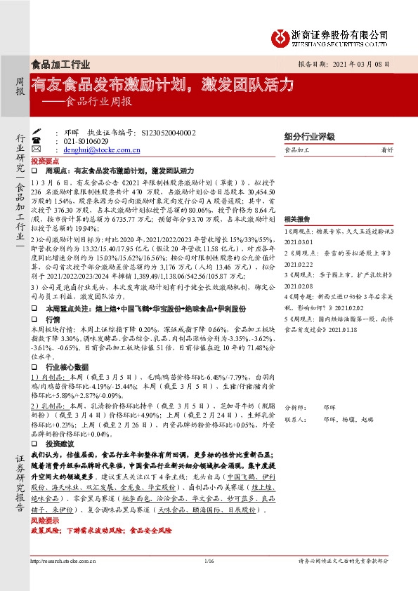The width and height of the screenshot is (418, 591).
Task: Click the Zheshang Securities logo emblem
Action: [x=280, y=36]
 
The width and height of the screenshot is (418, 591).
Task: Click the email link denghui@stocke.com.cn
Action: [x=98, y=150]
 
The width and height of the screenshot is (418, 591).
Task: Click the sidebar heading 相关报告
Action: [x=298, y=220]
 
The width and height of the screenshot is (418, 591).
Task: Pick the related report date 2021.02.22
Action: [x=298, y=264]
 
